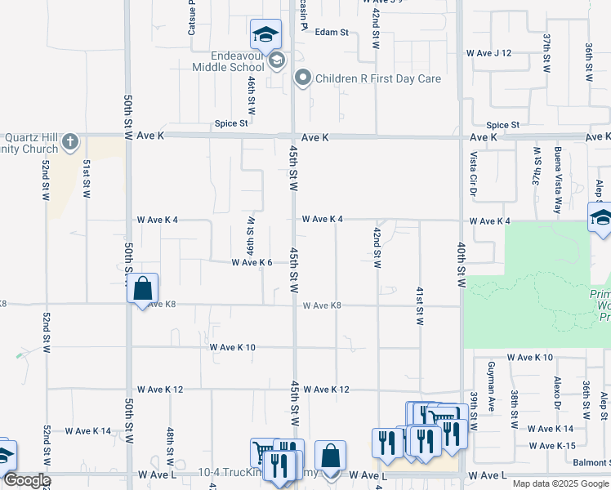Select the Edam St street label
[332, 33]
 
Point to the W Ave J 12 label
[488, 53]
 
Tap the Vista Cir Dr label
[472, 173]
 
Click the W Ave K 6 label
[252, 263]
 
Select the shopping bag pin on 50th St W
[142, 288]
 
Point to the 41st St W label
[419, 306]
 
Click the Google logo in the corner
[26, 480]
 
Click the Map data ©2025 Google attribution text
[560, 483]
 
